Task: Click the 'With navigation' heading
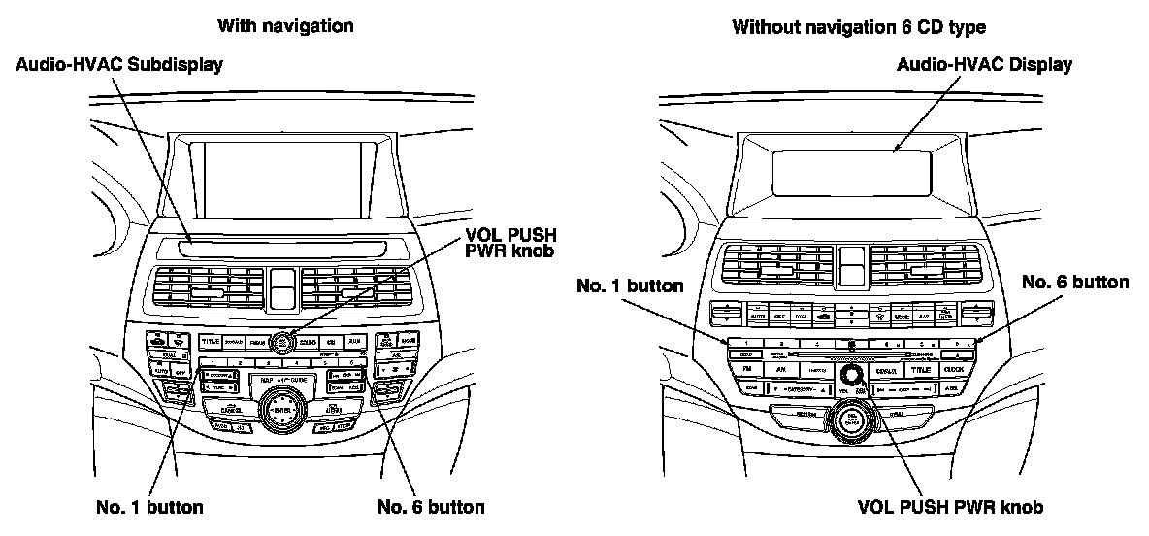click(x=285, y=26)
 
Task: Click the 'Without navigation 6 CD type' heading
click(x=859, y=26)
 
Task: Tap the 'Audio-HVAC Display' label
click(x=984, y=65)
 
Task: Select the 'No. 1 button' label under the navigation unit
click(x=149, y=506)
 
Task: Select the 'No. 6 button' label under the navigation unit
click(x=430, y=506)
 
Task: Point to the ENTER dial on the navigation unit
click(x=282, y=409)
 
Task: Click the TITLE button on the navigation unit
click(x=210, y=341)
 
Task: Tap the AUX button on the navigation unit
click(x=355, y=341)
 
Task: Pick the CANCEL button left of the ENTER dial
click(x=231, y=410)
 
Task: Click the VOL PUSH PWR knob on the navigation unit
click(x=282, y=340)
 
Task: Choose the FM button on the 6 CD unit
click(x=747, y=370)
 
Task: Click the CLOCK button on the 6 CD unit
click(x=955, y=370)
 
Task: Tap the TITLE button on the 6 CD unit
click(x=920, y=370)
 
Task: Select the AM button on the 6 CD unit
click(x=781, y=370)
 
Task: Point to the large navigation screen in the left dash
click(x=283, y=178)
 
